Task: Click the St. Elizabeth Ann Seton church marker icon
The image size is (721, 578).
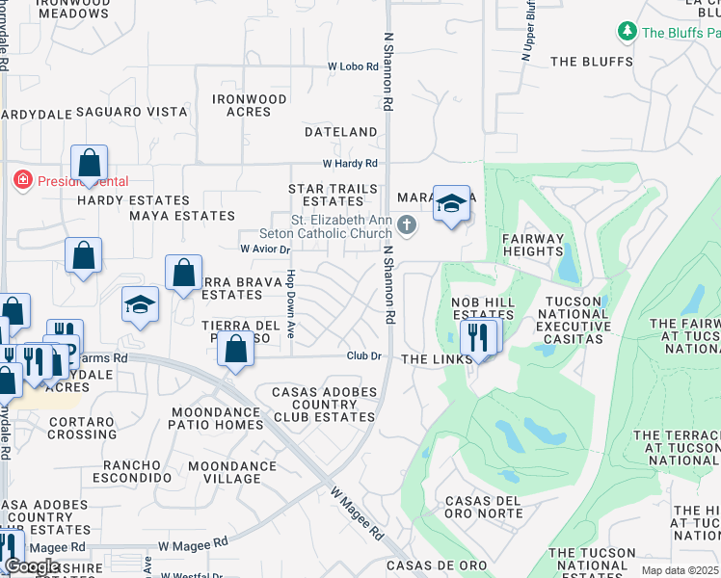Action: (x=407, y=225)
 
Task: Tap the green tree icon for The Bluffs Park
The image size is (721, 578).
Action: (x=628, y=32)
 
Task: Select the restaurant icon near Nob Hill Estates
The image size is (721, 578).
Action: (x=479, y=337)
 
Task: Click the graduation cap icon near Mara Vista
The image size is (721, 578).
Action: (x=451, y=203)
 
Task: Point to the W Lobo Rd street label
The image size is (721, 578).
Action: (x=356, y=66)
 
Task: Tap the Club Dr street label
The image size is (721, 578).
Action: (x=365, y=356)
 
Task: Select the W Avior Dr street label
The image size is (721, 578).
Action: (x=265, y=249)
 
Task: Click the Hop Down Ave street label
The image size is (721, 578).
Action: (x=290, y=302)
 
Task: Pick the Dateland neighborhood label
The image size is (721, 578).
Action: (x=340, y=131)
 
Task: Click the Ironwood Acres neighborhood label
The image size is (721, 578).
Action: (x=250, y=105)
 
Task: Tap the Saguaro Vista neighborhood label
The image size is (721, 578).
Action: (x=131, y=112)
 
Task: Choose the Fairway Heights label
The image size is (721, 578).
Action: (x=532, y=245)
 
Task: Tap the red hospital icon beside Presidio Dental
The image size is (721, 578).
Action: (x=20, y=180)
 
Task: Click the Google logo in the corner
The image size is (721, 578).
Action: (x=31, y=566)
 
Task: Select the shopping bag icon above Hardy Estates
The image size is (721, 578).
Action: (x=89, y=163)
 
